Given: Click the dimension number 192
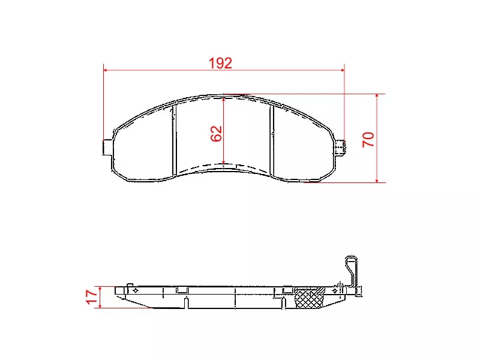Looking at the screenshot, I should pos(220,63).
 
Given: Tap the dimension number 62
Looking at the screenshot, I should pos(217,133).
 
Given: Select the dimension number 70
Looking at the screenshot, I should pos(368,140).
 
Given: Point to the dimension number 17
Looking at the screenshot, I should pos(91,296).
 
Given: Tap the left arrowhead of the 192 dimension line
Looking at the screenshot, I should pos(107,70).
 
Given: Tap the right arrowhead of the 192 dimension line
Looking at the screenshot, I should pos(342,70).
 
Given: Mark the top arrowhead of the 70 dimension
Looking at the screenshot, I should pos(377,97).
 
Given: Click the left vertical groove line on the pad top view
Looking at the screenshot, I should pos(173,138).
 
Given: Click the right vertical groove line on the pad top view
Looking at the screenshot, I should pos(273,138).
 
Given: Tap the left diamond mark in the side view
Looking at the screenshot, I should pos(135,290).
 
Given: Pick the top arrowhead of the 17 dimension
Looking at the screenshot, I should pos(101,289).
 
